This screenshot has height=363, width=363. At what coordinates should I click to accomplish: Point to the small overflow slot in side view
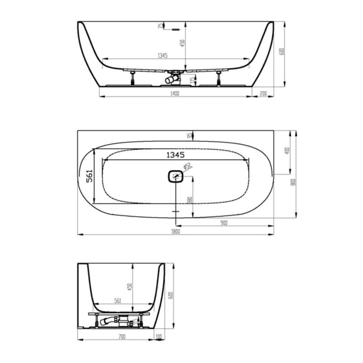tap(175, 29)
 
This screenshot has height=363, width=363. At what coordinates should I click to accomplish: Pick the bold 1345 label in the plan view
tap(175, 155)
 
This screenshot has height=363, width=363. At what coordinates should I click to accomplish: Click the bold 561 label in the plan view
tap(89, 176)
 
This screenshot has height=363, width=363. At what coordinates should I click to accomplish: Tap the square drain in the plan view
tap(175, 177)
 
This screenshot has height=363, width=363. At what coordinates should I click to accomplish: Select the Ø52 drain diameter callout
tap(188, 166)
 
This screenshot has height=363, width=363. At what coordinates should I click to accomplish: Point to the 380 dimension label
tap(190, 201)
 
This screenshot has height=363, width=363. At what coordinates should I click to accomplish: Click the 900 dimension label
tap(224, 223)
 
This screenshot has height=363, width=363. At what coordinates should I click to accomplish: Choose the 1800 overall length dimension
tap(175, 232)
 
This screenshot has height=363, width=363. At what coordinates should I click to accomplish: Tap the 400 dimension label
tap(287, 151)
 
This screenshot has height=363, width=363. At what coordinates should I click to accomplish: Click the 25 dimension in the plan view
tap(190, 135)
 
